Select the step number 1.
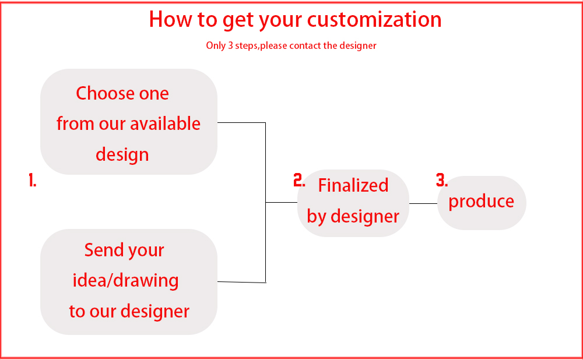[x=32, y=180]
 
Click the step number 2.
[x=299, y=180]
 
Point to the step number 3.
[x=442, y=180]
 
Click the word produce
[x=481, y=202]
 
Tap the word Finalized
[x=353, y=185]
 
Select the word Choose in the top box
[x=105, y=93]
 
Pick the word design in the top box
[x=122, y=155]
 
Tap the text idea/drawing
[x=126, y=281]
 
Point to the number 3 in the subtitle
[x=230, y=45]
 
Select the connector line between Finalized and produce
[x=423, y=203]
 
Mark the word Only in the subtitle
[x=216, y=45]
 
